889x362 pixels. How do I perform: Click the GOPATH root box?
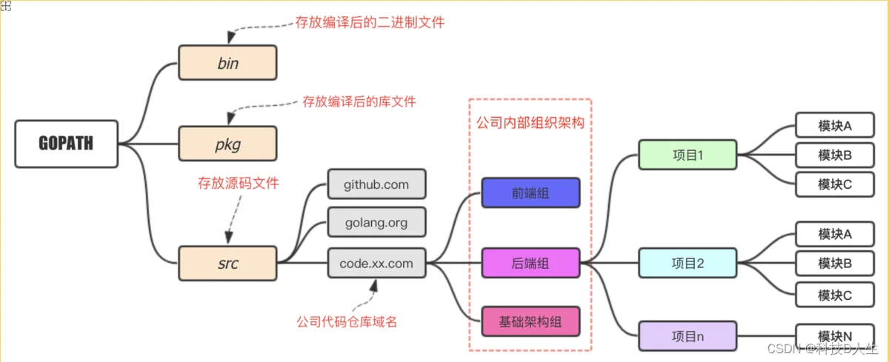(x=66, y=144)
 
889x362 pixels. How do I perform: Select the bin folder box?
(x=227, y=63)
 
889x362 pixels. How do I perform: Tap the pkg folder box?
(x=227, y=144)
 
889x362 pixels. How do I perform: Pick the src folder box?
(x=227, y=264)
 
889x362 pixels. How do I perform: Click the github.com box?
(x=376, y=184)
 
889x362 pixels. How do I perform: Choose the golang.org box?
(x=376, y=222)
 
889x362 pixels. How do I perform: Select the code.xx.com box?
(x=376, y=263)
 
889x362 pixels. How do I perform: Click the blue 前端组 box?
(x=530, y=193)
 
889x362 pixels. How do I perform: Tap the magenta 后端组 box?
(x=530, y=263)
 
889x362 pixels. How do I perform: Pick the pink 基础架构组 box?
(x=530, y=321)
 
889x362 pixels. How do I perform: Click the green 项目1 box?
(x=687, y=155)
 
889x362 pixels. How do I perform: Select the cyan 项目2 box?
(x=687, y=263)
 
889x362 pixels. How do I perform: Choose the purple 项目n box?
(x=687, y=336)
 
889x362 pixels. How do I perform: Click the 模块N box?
(x=835, y=336)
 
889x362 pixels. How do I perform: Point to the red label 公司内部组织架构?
(x=530, y=122)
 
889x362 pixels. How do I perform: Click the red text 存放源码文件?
(x=239, y=183)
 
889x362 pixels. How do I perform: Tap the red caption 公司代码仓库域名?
(x=347, y=321)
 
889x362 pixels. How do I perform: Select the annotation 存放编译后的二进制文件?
(x=370, y=22)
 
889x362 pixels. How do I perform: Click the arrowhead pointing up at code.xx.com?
(x=374, y=285)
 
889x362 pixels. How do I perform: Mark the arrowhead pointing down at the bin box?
(x=231, y=38)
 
